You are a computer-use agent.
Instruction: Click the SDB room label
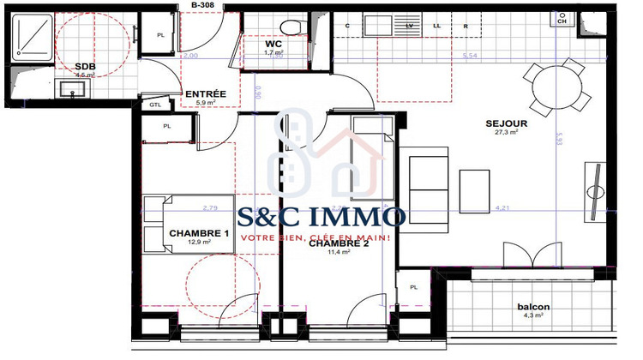85,66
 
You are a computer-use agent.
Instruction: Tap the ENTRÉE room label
206,94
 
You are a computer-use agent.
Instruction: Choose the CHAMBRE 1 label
199,234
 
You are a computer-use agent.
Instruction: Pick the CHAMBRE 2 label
339,243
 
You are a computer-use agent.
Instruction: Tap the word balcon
533,307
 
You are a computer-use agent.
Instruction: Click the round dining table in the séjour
552,85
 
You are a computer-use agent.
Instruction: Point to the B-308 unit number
202,5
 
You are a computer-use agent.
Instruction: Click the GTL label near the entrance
155,105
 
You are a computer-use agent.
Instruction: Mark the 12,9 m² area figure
199,243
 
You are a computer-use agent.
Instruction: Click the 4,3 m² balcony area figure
533,316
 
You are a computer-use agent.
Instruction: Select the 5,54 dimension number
469,56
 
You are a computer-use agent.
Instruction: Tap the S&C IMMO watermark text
323,215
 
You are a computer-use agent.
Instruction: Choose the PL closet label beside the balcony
413,287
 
